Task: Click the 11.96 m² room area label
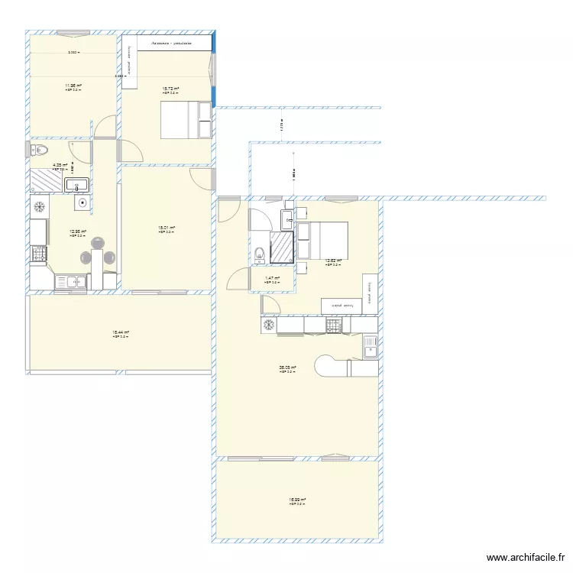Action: click(x=73, y=86)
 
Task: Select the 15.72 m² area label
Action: click(x=170, y=89)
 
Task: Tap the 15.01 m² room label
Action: click(x=167, y=227)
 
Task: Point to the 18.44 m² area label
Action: click(x=121, y=332)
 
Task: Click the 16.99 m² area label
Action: click(x=296, y=500)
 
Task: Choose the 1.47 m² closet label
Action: click(x=272, y=279)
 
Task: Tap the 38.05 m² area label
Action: click(x=287, y=367)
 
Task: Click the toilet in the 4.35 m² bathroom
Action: click(x=40, y=150)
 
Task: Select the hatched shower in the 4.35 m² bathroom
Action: click(x=46, y=180)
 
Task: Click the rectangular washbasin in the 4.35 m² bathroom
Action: click(x=77, y=184)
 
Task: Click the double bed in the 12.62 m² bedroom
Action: click(x=323, y=239)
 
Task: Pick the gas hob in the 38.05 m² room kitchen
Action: click(x=334, y=325)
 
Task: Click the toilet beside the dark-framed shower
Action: click(x=260, y=252)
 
